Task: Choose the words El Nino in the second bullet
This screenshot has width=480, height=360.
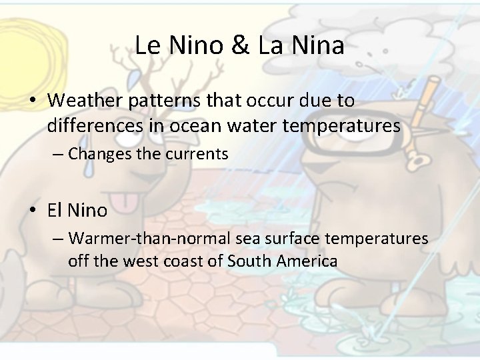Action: [x=77, y=211]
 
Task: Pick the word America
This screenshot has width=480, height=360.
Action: [x=307, y=261]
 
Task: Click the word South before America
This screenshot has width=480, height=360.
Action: [x=251, y=261]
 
